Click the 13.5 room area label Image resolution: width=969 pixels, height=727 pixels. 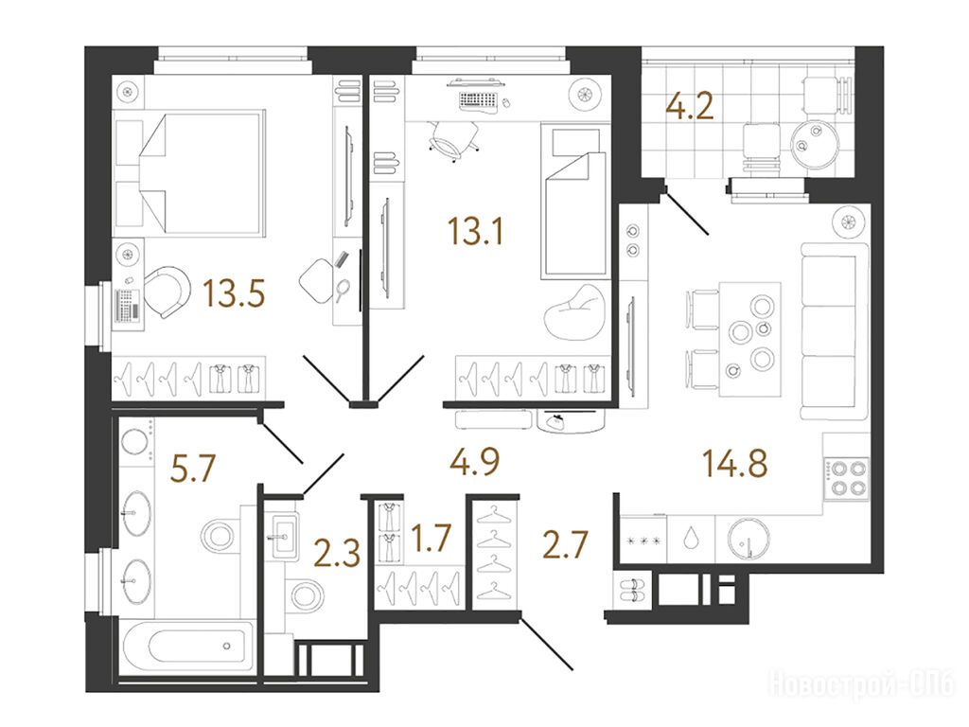[x=235, y=293]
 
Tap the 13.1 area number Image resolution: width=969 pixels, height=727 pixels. [x=475, y=232]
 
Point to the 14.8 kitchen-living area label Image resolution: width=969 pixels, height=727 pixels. [x=734, y=463]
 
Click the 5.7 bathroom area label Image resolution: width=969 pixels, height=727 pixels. [x=193, y=468]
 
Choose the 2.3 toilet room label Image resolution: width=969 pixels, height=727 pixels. [x=337, y=553]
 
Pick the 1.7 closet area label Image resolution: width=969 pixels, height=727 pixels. [x=432, y=538]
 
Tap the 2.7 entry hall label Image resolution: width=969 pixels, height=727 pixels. [x=565, y=545]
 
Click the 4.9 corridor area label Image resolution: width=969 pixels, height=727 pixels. [x=475, y=462]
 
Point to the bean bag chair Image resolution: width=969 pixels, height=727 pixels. [x=574, y=312]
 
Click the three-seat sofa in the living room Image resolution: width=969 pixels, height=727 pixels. [x=835, y=331]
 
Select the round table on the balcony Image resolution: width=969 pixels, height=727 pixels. [x=816, y=144]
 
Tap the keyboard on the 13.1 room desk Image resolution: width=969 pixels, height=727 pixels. [x=478, y=99]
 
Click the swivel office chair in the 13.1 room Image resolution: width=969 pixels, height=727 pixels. [x=454, y=139]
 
